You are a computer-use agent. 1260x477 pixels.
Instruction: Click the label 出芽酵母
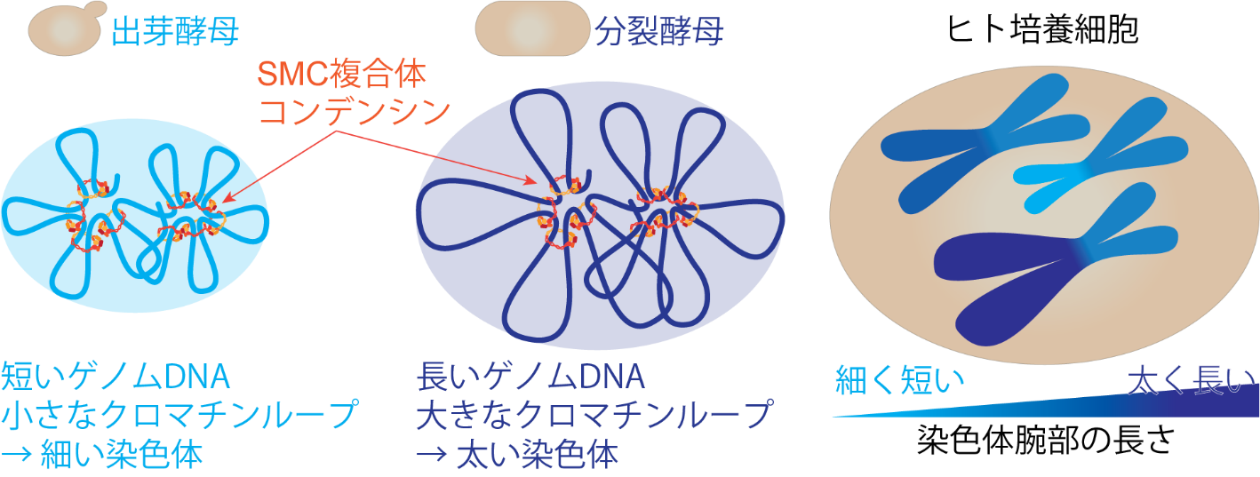pyautogui.click(x=175, y=31)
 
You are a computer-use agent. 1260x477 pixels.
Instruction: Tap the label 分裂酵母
pyautogui.click(x=658, y=31)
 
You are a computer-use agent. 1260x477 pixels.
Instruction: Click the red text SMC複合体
pyautogui.click(x=341, y=74)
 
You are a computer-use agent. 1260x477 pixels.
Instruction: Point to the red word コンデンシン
pyautogui.click(x=355, y=112)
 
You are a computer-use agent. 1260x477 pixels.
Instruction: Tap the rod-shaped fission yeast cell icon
pyautogui.click(x=532, y=28)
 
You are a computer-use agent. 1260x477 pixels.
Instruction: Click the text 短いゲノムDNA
pyautogui.click(x=116, y=377)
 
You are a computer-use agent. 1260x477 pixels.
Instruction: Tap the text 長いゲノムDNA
pyautogui.click(x=530, y=377)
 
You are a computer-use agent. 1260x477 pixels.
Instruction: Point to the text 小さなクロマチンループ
pyautogui.click(x=179, y=415)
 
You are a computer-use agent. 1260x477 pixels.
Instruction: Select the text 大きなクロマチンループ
pyautogui.click(x=594, y=415)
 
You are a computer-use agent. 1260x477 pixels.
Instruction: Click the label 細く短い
pyautogui.click(x=899, y=380)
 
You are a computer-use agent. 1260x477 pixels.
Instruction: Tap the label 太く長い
pyautogui.click(x=1191, y=380)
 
